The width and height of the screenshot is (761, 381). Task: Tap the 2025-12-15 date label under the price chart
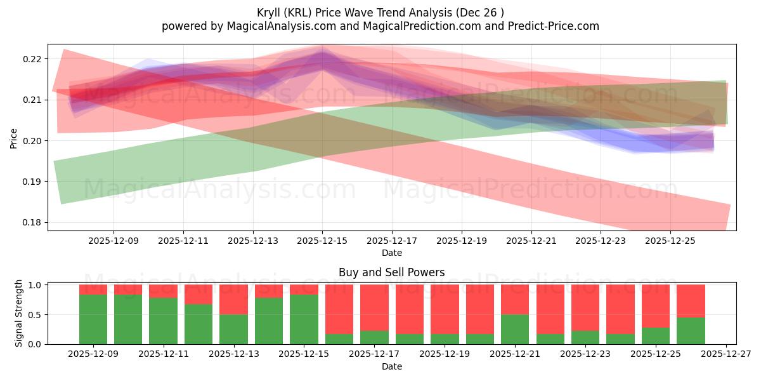pos(322,241)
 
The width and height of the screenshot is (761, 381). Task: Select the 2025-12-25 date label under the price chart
pos(670,241)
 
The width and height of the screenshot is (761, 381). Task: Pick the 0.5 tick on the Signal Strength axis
pos(35,315)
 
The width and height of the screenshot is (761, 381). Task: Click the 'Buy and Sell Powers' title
pos(391,272)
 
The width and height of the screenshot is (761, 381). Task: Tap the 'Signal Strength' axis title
pos(19,313)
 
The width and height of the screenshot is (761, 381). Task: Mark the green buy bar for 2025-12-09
pos(93,319)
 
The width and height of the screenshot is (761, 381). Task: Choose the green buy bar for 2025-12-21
pos(515,329)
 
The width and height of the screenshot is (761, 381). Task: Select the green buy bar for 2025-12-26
pos(691,331)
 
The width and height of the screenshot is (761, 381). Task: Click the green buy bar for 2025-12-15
pos(304,319)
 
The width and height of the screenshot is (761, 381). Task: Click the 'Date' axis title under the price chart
pos(391,253)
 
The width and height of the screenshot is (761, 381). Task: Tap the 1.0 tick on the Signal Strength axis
pos(35,285)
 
